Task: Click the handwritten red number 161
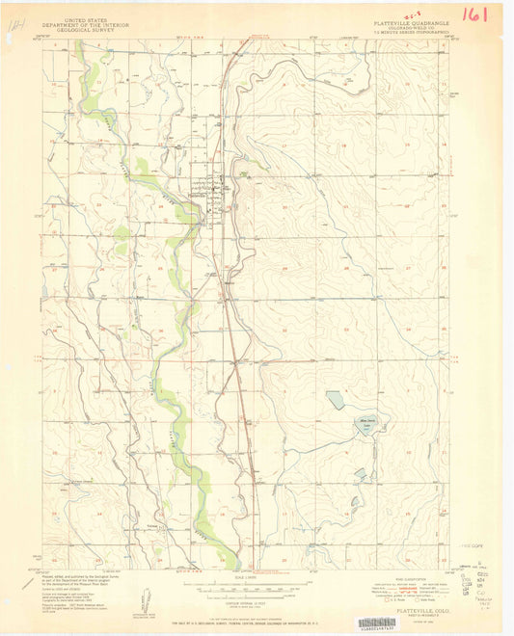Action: (x=475, y=14)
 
